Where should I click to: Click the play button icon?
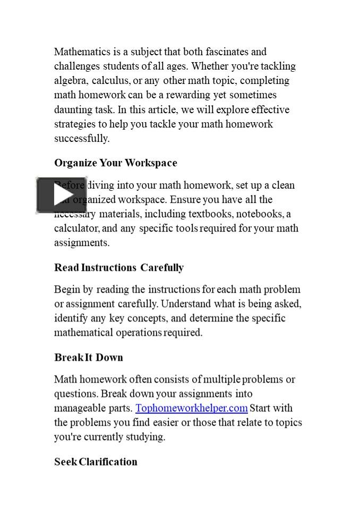pos(61,195)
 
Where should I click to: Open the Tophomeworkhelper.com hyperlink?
pos(191,408)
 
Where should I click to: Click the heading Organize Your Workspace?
pos(115,163)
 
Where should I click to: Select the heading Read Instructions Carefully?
pos(118,268)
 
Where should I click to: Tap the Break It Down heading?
pos(88,358)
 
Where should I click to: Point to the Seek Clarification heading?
pos(96,462)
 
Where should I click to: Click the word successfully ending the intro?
pos(81,139)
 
